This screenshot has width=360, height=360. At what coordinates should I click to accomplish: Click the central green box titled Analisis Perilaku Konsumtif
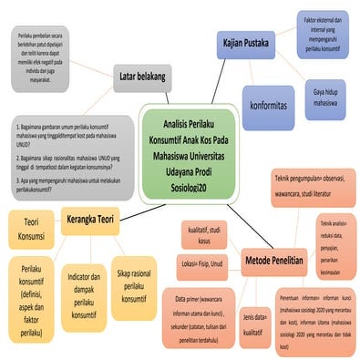point(190,153)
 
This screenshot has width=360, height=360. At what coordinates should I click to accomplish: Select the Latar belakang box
point(141,78)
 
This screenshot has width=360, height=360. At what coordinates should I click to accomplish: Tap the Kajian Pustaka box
point(247,43)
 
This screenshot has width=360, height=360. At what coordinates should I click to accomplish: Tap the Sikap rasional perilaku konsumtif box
point(134,285)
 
